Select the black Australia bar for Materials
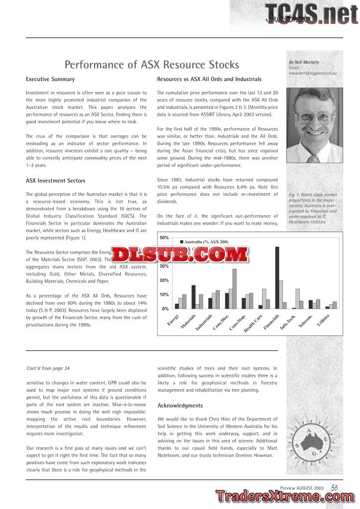193,297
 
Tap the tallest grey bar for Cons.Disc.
234,288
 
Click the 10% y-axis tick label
164,295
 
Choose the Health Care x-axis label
253,324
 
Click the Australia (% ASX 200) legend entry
203,242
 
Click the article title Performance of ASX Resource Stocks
152,65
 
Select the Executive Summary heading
50,79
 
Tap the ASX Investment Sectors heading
55,180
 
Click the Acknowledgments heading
180,406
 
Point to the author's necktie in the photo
313,159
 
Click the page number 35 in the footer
335,488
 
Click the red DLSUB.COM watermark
180,254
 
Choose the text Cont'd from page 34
48,368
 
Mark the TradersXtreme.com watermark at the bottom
283,497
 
